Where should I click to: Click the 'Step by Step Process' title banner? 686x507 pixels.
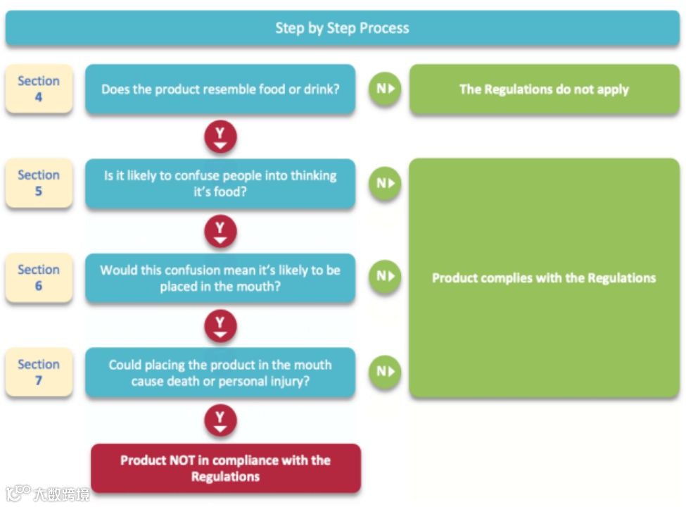(x=342, y=28)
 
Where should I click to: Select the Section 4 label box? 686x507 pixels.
(x=39, y=89)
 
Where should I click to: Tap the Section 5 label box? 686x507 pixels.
(x=39, y=183)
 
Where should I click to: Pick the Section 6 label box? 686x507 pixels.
(x=39, y=277)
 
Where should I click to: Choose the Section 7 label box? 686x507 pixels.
(x=39, y=372)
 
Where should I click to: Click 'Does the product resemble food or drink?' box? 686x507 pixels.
(x=220, y=89)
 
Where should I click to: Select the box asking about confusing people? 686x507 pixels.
(x=220, y=184)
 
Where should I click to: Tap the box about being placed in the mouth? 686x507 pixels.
(x=220, y=278)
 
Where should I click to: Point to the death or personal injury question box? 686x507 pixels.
(x=220, y=373)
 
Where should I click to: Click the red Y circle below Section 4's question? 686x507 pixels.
(x=220, y=137)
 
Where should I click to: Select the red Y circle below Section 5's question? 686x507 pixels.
(x=220, y=231)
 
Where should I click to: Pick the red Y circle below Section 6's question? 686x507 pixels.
(x=220, y=326)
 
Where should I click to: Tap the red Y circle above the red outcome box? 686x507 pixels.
(x=220, y=421)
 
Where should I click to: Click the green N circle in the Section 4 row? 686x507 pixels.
(x=385, y=89)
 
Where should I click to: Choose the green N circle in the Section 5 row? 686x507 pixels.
(x=385, y=184)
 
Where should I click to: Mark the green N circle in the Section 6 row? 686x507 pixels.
(x=385, y=276)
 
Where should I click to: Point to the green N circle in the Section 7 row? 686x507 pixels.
(x=385, y=372)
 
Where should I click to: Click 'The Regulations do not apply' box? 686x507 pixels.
(x=545, y=89)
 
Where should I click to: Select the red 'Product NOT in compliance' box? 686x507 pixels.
(x=226, y=468)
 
